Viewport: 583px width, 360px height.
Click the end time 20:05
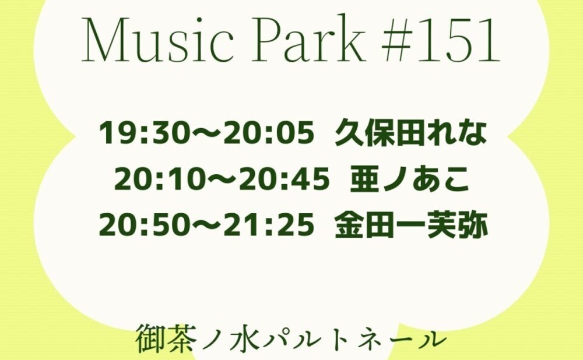pos(268,133)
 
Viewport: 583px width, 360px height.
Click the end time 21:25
pos(268,225)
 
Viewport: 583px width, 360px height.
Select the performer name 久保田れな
pos(411,133)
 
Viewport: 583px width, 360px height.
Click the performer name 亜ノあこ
pos(410,179)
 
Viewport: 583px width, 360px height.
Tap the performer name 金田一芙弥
pos(411,225)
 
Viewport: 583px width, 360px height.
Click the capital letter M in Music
pos(102,40)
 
